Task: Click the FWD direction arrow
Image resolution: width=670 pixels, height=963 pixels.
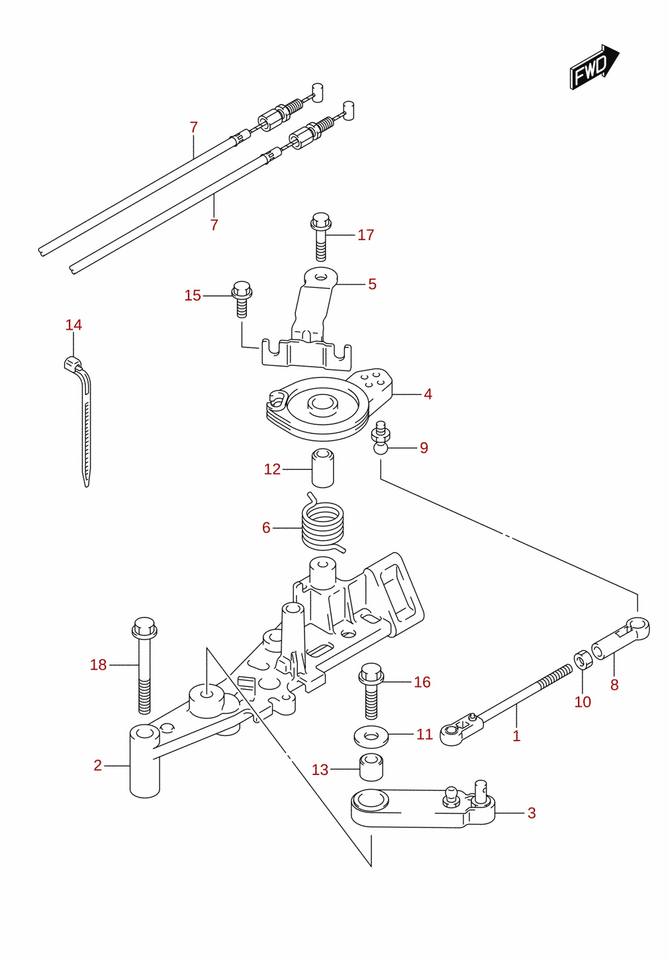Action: click(594, 67)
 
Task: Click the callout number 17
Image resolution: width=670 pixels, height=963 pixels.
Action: click(365, 235)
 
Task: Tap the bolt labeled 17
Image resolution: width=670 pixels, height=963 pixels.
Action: click(320, 236)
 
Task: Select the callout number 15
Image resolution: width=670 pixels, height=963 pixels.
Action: click(193, 296)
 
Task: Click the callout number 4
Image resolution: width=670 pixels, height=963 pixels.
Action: click(428, 394)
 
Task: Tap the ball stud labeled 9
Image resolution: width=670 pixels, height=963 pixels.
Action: click(380, 438)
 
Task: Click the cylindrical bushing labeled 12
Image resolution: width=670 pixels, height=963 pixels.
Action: click(323, 468)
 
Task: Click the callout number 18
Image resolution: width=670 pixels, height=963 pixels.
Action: click(98, 665)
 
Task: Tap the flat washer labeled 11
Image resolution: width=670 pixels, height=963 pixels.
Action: click(371, 737)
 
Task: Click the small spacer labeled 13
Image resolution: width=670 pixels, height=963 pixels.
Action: click(371, 767)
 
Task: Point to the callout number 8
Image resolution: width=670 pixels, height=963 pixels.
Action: click(614, 685)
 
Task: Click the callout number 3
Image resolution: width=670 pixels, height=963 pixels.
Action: click(532, 813)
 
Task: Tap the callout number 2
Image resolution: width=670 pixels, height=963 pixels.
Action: click(97, 765)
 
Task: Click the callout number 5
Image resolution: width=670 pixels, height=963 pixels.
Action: click(372, 284)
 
